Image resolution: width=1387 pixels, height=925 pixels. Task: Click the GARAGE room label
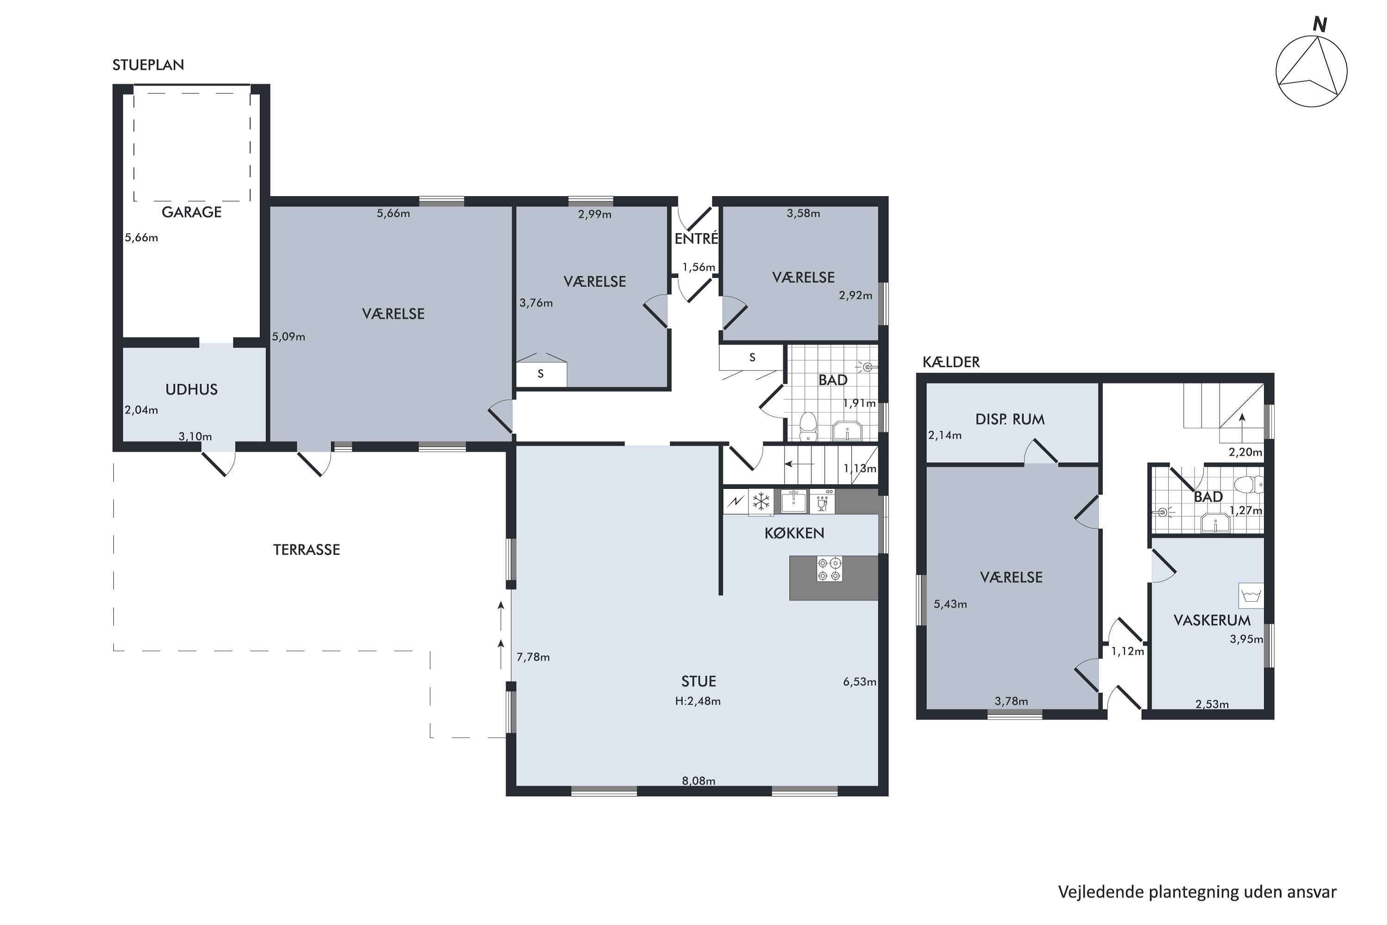(192, 212)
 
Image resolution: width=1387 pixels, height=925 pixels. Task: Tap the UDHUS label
(192, 389)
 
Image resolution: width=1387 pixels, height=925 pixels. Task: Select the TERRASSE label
(307, 550)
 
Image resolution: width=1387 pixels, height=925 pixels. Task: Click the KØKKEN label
(794, 533)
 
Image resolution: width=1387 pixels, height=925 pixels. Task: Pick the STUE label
(699, 681)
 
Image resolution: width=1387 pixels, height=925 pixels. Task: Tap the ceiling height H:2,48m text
(698, 702)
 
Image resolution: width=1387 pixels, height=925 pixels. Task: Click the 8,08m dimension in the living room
(699, 781)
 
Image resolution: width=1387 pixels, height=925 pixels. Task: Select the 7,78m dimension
(533, 657)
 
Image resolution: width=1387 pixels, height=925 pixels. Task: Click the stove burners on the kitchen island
(830, 569)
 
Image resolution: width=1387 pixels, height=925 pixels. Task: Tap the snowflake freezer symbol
(761, 502)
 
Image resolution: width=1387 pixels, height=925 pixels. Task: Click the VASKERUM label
(1212, 621)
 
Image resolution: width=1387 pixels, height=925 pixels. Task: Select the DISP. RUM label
(1010, 419)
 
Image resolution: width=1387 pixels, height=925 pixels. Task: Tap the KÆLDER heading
(951, 362)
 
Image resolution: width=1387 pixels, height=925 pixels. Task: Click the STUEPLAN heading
(148, 65)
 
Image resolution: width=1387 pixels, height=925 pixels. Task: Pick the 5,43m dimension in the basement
(950, 604)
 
